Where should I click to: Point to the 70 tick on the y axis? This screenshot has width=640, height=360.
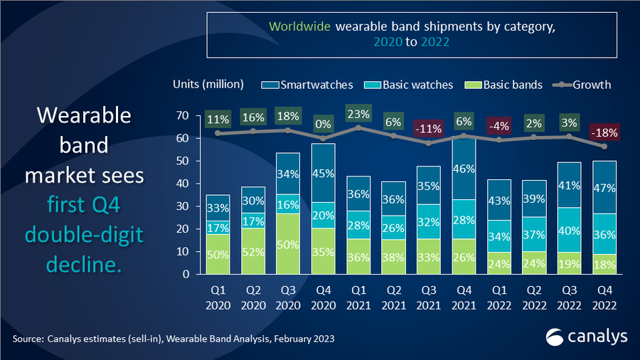pyautogui.click(x=183, y=115)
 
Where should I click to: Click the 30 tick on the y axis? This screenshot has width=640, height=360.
pyautogui.click(x=183, y=206)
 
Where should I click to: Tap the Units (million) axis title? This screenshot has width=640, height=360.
pyautogui.click(x=208, y=84)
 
